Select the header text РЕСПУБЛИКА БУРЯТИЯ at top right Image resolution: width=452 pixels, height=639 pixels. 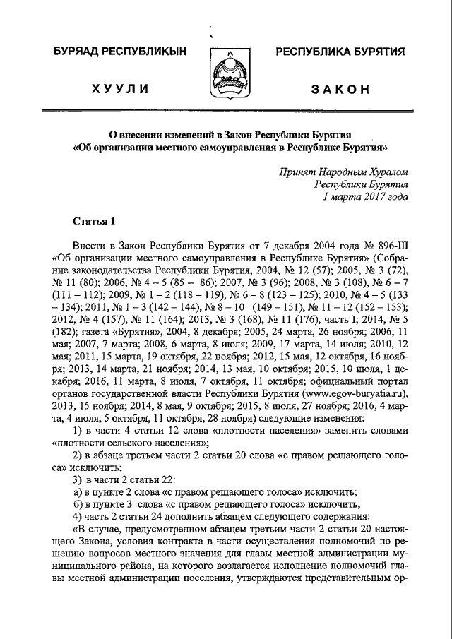(x=340, y=52)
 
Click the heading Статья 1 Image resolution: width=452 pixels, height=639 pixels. (x=95, y=221)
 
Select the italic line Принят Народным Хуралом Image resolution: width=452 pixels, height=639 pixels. (x=343, y=172)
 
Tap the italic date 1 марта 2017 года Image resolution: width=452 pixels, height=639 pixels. (x=364, y=197)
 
